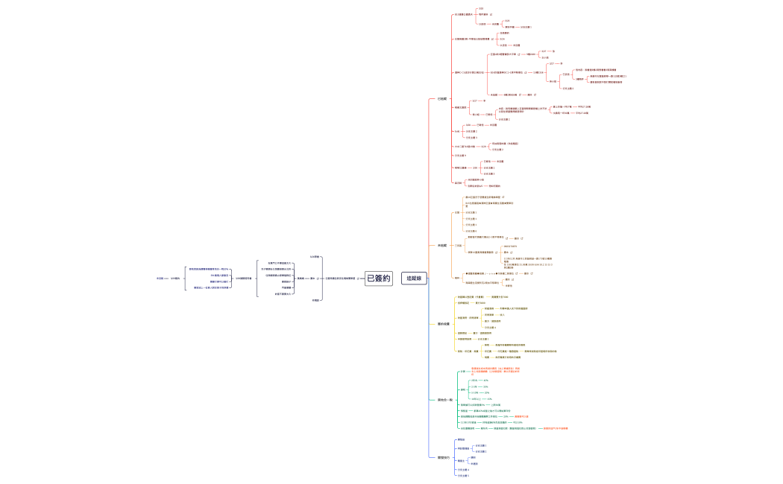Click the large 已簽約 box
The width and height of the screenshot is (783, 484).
378,278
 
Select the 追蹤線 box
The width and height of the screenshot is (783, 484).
414,278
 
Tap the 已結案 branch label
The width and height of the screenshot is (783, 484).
442,98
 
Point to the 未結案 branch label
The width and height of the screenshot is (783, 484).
442,245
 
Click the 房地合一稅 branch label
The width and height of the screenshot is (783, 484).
445,400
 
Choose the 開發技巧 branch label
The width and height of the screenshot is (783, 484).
444,457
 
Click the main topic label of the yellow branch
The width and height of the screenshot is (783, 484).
444,324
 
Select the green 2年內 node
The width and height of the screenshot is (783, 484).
474,380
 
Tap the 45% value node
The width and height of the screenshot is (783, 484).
486,380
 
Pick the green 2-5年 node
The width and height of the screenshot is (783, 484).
474,386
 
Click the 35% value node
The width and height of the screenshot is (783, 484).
485,386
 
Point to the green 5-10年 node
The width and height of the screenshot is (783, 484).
475,392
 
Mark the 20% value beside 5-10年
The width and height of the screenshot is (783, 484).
487,392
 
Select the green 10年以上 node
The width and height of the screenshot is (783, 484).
476,399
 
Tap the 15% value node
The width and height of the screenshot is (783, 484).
489,399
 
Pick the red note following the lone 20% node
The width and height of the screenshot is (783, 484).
518,416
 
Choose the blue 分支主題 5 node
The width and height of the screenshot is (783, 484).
463,476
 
